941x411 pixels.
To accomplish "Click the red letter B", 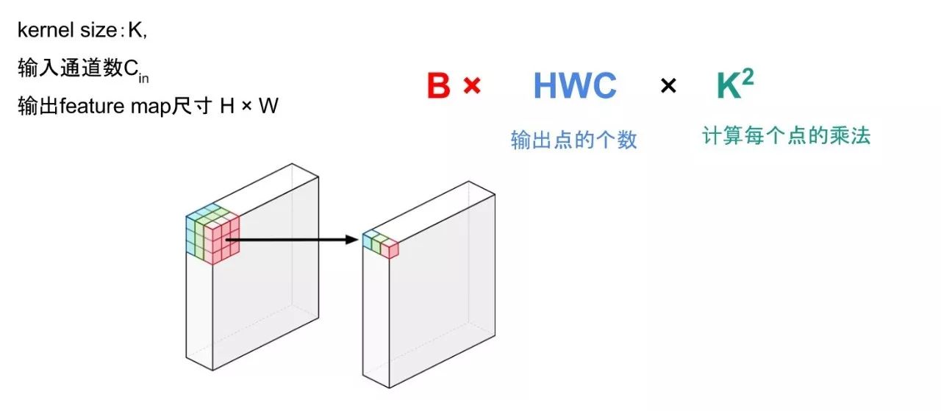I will click(x=439, y=87).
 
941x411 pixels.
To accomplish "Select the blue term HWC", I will click(x=575, y=87).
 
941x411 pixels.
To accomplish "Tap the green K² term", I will click(x=734, y=86).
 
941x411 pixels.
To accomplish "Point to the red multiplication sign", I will click(x=472, y=86).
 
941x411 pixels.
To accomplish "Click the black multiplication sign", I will click(x=668, y=87).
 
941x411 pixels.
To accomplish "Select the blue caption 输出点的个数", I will click(x=574, y=140).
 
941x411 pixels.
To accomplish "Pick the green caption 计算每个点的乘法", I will click(x=787, y=136).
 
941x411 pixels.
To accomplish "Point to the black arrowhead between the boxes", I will click(x=352, y=240).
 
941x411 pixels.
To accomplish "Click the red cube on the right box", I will click(x=390, y=249).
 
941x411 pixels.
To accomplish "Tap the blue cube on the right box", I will click(x=369, y=239).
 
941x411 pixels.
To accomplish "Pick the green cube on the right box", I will click(x=379, y=243).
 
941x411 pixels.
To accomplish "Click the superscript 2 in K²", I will click(x=747, y=76).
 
